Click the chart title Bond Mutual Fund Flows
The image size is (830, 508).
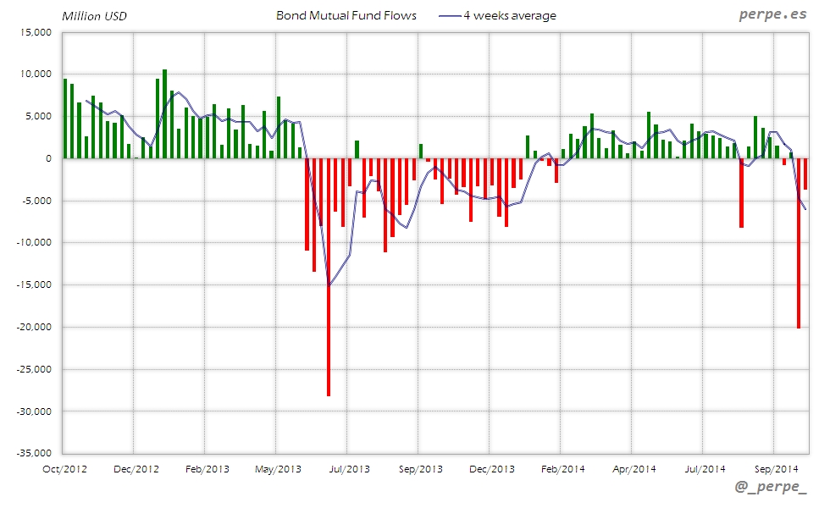point(346,16)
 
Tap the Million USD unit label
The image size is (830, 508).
point(95,16)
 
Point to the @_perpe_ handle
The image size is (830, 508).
point(771,487)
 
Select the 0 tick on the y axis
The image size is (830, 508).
point(49,158)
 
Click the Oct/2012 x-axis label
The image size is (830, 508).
point(64,468)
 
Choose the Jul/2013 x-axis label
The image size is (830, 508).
point(348,468)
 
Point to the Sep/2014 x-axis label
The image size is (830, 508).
point(774,468)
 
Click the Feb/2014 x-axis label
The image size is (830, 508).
point(562,468)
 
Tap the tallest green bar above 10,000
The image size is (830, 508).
point(164,114)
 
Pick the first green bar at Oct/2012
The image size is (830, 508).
point(65,119)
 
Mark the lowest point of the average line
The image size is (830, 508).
point(329,285)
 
